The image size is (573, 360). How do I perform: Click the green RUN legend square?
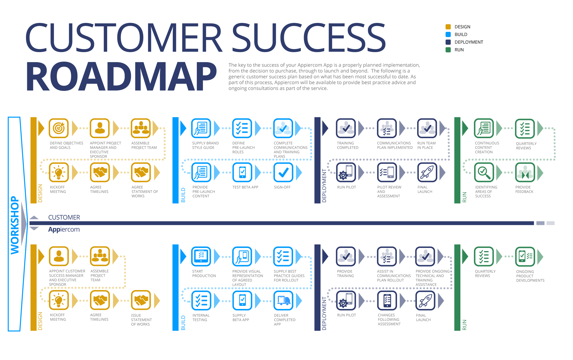[x=448, y=50]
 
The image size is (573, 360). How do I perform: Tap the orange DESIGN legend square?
[x=448, y=27]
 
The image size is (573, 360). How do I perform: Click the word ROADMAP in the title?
[x=121, y=77]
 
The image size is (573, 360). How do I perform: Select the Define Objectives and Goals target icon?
[x=59, y=128]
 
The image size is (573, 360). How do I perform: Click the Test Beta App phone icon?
[x=242, y=172]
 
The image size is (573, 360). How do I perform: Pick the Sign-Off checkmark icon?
[x=283, y=172]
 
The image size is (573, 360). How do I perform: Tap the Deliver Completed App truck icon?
[x=283, y=300]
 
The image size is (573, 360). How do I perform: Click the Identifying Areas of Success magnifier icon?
[x=484, y=172]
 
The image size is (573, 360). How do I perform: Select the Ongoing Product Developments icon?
[x=525, y=257]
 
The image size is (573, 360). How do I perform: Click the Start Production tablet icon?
[x=201, y=256]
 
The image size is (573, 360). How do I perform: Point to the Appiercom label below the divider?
[x=64, y=230]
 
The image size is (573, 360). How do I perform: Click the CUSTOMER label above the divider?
[x=64, y=218]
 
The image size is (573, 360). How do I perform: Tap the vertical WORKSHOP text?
[x=15, y=225]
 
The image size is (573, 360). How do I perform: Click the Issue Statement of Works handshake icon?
[x=141, y=300]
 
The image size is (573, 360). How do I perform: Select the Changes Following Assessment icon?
[x=387, y=300]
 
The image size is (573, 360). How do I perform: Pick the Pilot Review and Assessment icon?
[x=387, y=172]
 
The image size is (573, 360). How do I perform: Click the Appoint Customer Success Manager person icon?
[x=59, y=256]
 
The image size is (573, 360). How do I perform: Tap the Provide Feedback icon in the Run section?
[x=525, y=172]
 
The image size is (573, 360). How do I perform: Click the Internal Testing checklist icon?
[x=201, y=300]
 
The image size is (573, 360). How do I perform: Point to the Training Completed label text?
[x=348, y=145]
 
